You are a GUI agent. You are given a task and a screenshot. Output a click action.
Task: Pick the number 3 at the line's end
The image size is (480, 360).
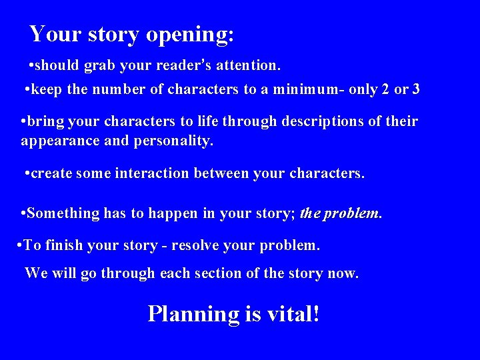tap(416, 89)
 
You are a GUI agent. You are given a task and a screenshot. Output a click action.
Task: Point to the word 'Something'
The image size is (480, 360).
tap(62, 213)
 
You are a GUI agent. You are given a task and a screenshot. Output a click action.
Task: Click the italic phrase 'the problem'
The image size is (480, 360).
tap(341, 213)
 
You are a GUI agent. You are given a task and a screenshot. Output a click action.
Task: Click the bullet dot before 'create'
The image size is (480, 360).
tap(26, 173)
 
